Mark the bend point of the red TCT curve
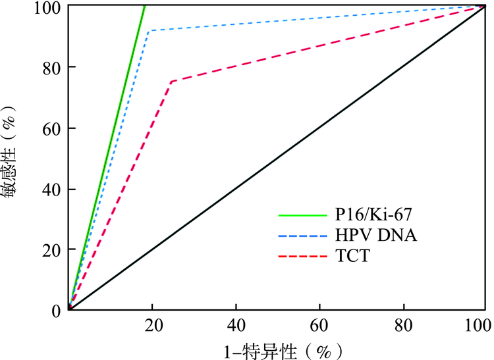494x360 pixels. [171, 81]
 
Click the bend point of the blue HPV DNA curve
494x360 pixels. [149, 31]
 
